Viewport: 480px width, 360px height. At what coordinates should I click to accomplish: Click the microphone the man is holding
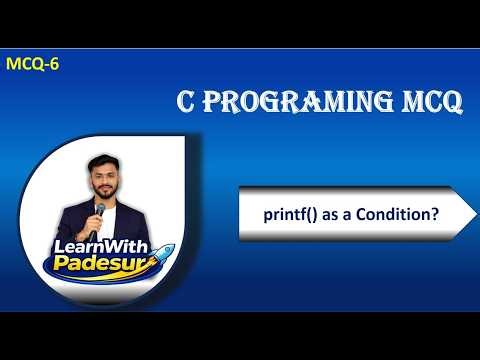click(98, 207)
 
